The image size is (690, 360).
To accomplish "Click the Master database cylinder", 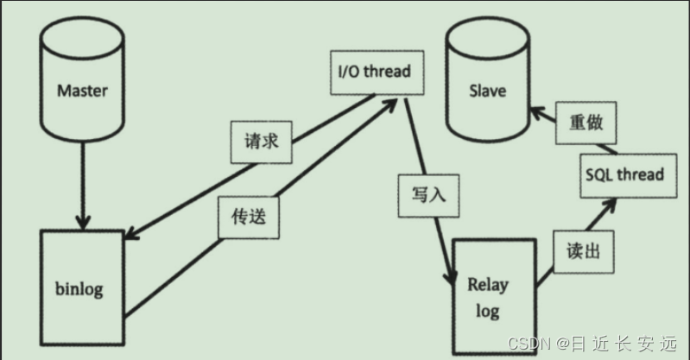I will click(82, 87).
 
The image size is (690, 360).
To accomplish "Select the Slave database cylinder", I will click(488, 85).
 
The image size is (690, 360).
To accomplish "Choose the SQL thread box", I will click(624, 174).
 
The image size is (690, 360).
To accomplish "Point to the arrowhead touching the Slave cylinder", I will click(536, 111).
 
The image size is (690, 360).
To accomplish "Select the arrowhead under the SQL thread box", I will click(611, 203).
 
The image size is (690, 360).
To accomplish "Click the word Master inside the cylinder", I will click(81, 90).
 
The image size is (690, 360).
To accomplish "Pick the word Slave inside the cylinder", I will click(487, 91).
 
